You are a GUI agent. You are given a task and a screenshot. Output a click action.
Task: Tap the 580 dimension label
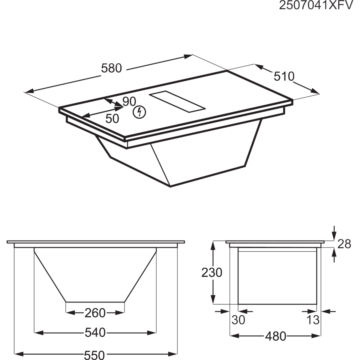(x=111, y=68)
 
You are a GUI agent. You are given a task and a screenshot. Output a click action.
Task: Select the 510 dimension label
(x=284, y=76)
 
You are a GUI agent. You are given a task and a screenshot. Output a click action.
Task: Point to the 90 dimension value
(x=129, y=102)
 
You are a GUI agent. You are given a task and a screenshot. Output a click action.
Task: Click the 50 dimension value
(x=112, y=118)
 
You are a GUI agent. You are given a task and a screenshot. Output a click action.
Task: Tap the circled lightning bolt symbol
(x=139, y=112)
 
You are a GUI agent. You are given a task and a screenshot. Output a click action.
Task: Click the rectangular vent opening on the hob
(x=177, y=102)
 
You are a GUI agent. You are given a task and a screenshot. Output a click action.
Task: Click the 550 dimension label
(x=94, y=354)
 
